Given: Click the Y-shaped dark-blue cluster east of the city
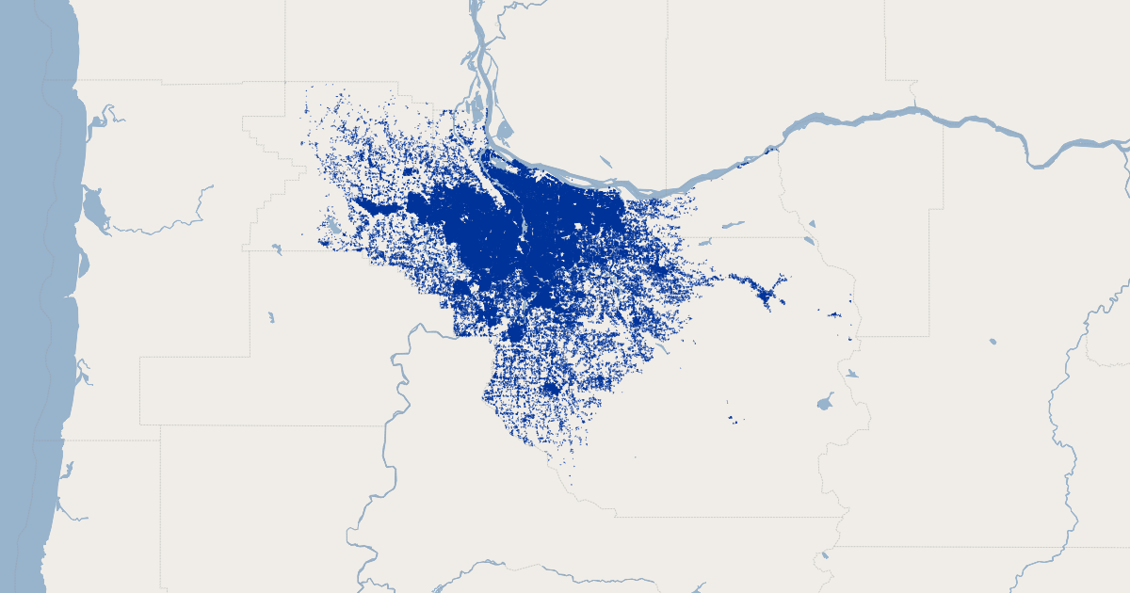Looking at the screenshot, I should click(765, 294).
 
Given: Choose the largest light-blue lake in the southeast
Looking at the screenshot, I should click(826, 404).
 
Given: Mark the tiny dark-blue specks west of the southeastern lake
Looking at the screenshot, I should click(732, 418).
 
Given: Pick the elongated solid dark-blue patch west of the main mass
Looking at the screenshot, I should click(377, 206).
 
